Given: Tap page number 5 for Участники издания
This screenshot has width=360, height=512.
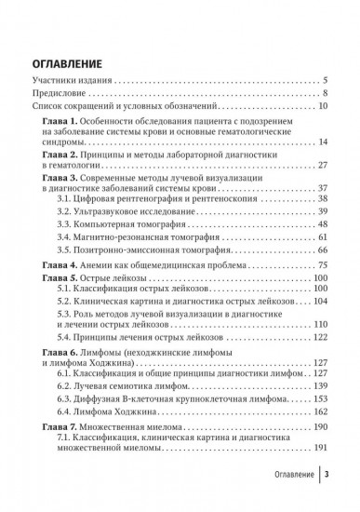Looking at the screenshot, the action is pyautogui.click(x=325, y=82).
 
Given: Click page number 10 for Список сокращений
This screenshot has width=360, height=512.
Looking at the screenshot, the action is pyautogui.click(x=322, y=108).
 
